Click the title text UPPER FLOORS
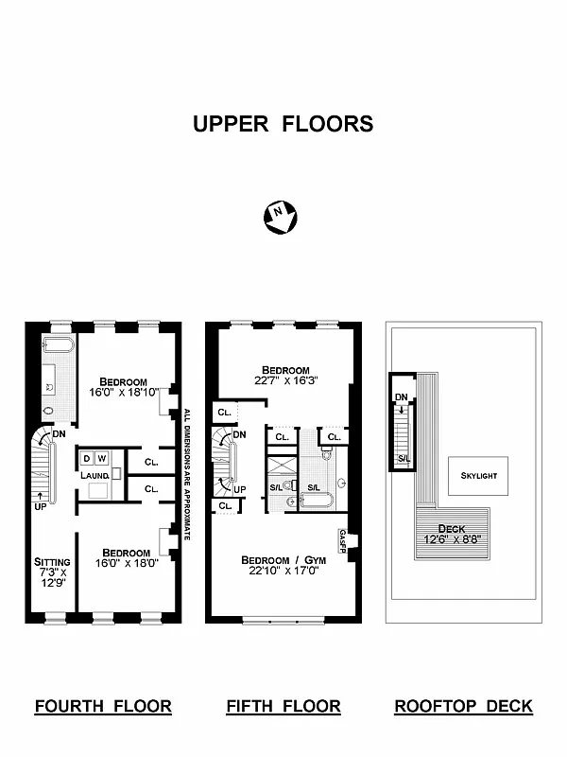283,124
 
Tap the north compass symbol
280,217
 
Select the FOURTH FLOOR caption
103,706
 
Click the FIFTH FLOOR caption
283,706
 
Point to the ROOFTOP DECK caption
463,706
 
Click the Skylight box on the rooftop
478,475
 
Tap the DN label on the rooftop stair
402,397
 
